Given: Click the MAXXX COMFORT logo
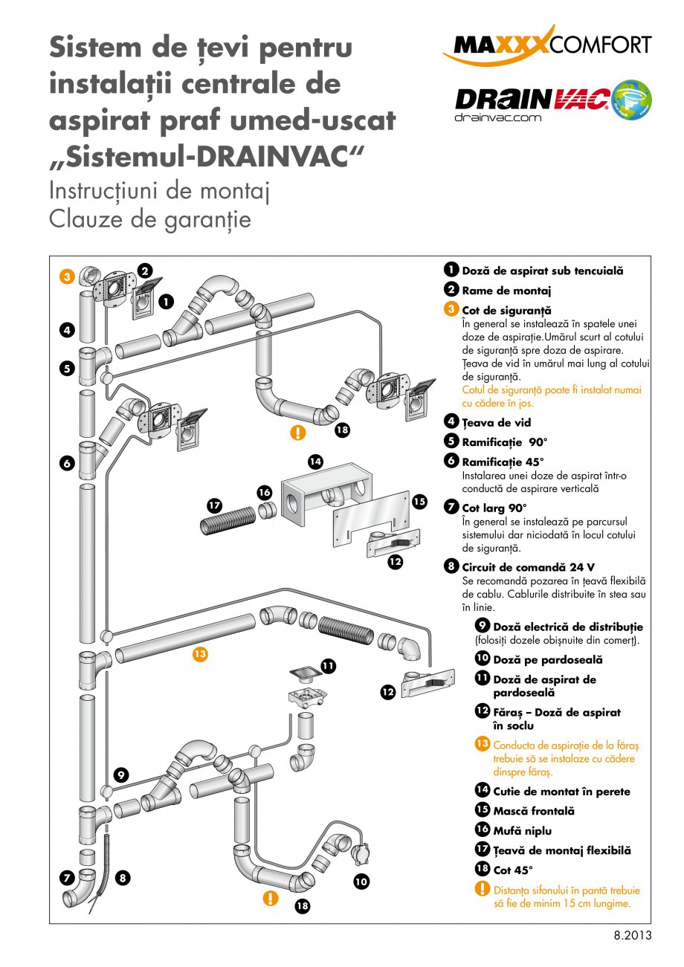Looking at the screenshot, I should click(x=547, y=45).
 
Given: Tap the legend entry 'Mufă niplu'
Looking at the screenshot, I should click(x=522, y=831).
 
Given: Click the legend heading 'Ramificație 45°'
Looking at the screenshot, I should click(x=503, y=462).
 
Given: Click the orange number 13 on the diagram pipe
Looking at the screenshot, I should click(x=199, y=654).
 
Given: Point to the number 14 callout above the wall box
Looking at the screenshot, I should click(x=315, y=462).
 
